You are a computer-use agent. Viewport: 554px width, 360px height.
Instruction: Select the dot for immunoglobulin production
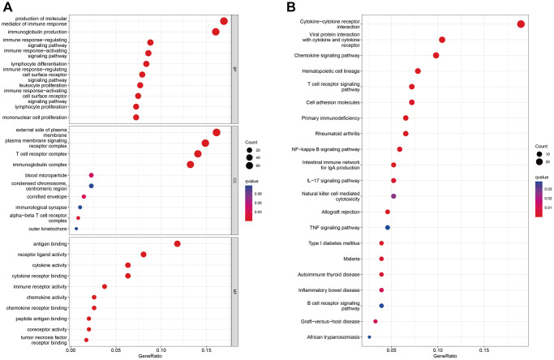(216, 32)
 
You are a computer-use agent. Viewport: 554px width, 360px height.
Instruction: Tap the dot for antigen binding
(177, 244)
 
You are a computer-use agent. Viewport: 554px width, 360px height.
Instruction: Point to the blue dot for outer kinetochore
(76, 229)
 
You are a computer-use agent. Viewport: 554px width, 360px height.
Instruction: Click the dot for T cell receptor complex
(198, 154)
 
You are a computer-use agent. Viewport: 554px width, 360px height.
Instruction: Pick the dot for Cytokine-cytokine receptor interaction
(521, 24)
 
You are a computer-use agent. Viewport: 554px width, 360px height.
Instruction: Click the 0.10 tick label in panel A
(161, 350)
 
